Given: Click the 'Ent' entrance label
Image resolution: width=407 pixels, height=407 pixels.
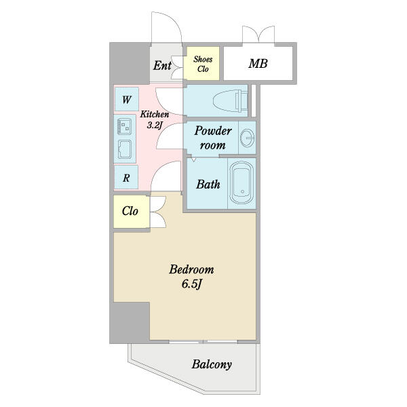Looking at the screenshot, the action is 162,65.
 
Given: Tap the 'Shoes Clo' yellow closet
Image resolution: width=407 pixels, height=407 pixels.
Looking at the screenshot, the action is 201,64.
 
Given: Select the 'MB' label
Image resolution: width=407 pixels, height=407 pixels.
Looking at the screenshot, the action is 258,64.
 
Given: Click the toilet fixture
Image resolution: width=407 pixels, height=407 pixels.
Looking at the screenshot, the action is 230,100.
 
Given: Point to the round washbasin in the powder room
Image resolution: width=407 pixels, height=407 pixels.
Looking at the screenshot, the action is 247,138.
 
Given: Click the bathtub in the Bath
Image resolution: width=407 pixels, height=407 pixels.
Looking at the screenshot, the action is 241,182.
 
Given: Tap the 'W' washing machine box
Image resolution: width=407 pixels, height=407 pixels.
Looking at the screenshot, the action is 126,99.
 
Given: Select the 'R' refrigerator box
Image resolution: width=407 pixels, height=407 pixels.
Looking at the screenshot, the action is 126,178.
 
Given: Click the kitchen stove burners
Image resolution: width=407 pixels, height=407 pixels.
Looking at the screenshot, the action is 124,126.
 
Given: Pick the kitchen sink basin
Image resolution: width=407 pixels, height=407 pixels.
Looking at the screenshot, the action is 125,149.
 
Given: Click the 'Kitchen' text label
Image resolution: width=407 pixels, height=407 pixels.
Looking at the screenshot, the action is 155,114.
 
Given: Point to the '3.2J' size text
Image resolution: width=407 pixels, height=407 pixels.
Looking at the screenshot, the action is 155,125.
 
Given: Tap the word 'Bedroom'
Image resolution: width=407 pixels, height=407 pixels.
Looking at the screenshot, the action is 191,269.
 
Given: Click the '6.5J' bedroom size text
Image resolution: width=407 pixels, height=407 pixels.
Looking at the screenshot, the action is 191,284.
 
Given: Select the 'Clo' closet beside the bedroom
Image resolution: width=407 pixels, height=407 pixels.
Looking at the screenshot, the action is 132,212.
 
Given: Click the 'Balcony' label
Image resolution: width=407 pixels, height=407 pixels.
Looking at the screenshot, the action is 212,364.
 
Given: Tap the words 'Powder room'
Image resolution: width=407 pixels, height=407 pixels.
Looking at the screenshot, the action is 213,138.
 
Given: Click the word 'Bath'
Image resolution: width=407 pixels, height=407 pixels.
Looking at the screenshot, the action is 208,185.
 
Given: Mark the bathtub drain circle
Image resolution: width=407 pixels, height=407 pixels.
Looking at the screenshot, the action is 242,191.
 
